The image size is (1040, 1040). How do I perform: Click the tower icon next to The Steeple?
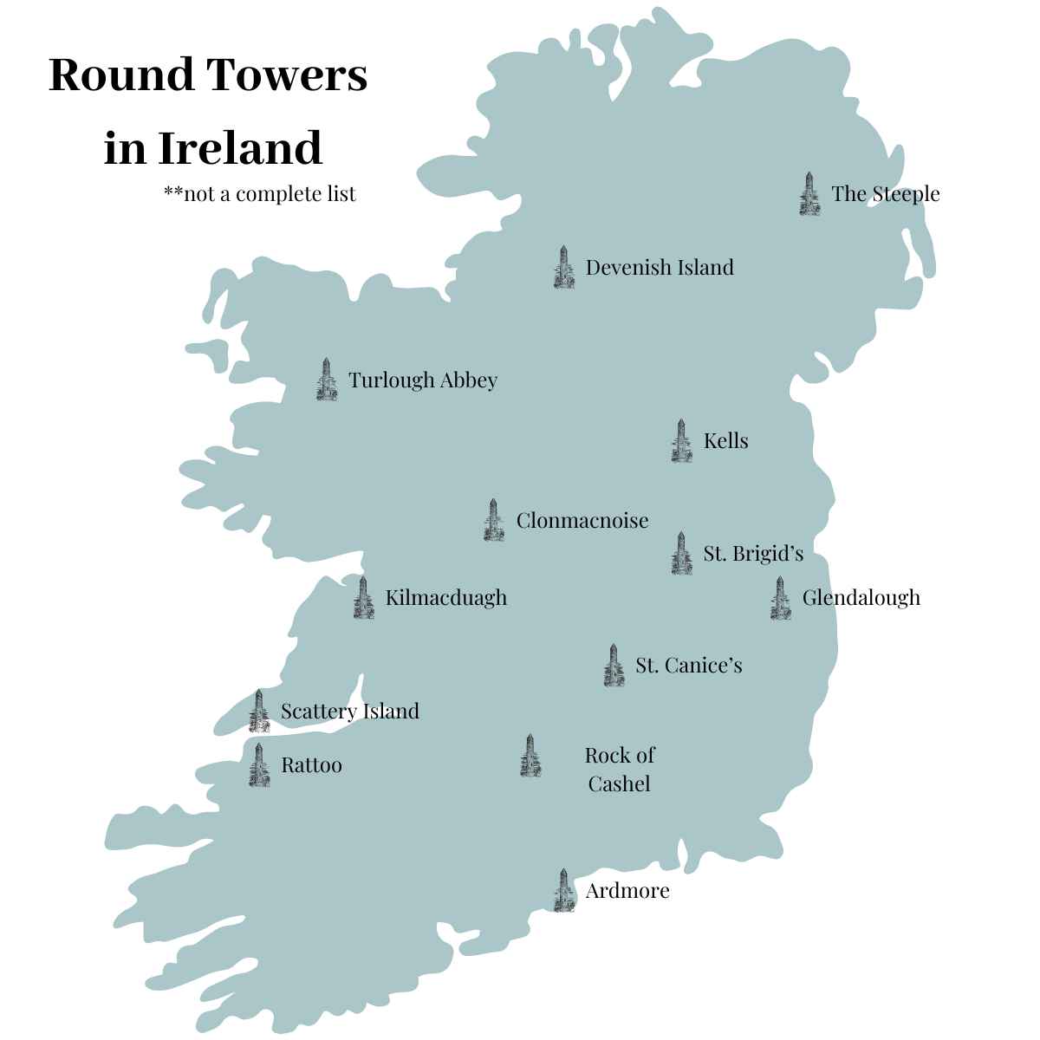click(809, 193)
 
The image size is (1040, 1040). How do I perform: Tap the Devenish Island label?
click(660, 267)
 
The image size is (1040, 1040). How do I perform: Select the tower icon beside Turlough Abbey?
click(326, 380)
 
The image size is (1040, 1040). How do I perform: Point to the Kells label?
click(725, 440)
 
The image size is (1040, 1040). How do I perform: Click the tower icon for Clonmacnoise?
click(494, 520)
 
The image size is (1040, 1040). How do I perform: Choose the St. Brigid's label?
click(753, 553)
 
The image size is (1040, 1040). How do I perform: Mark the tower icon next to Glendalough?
click(780, 598)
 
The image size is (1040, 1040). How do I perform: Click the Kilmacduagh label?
click(445, 597)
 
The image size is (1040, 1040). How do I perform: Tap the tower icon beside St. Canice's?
click(614, 666)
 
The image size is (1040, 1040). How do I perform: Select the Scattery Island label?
click(349, 711)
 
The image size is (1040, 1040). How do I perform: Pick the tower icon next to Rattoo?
click(258, 765)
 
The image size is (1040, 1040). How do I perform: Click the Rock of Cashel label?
click(619, 769)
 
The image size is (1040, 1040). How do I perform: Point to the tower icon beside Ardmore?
click(563, 891)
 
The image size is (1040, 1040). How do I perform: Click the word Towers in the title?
click(288, 75)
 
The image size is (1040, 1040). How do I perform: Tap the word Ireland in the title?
click(240, 147)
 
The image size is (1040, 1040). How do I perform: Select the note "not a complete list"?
click(260, 192)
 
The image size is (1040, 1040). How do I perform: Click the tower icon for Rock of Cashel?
click(530, 756)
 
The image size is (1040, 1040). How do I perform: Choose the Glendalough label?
click(861, 597)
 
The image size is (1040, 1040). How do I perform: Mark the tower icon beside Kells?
click(681, 441)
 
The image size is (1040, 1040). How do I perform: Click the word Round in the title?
click(120, 75)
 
